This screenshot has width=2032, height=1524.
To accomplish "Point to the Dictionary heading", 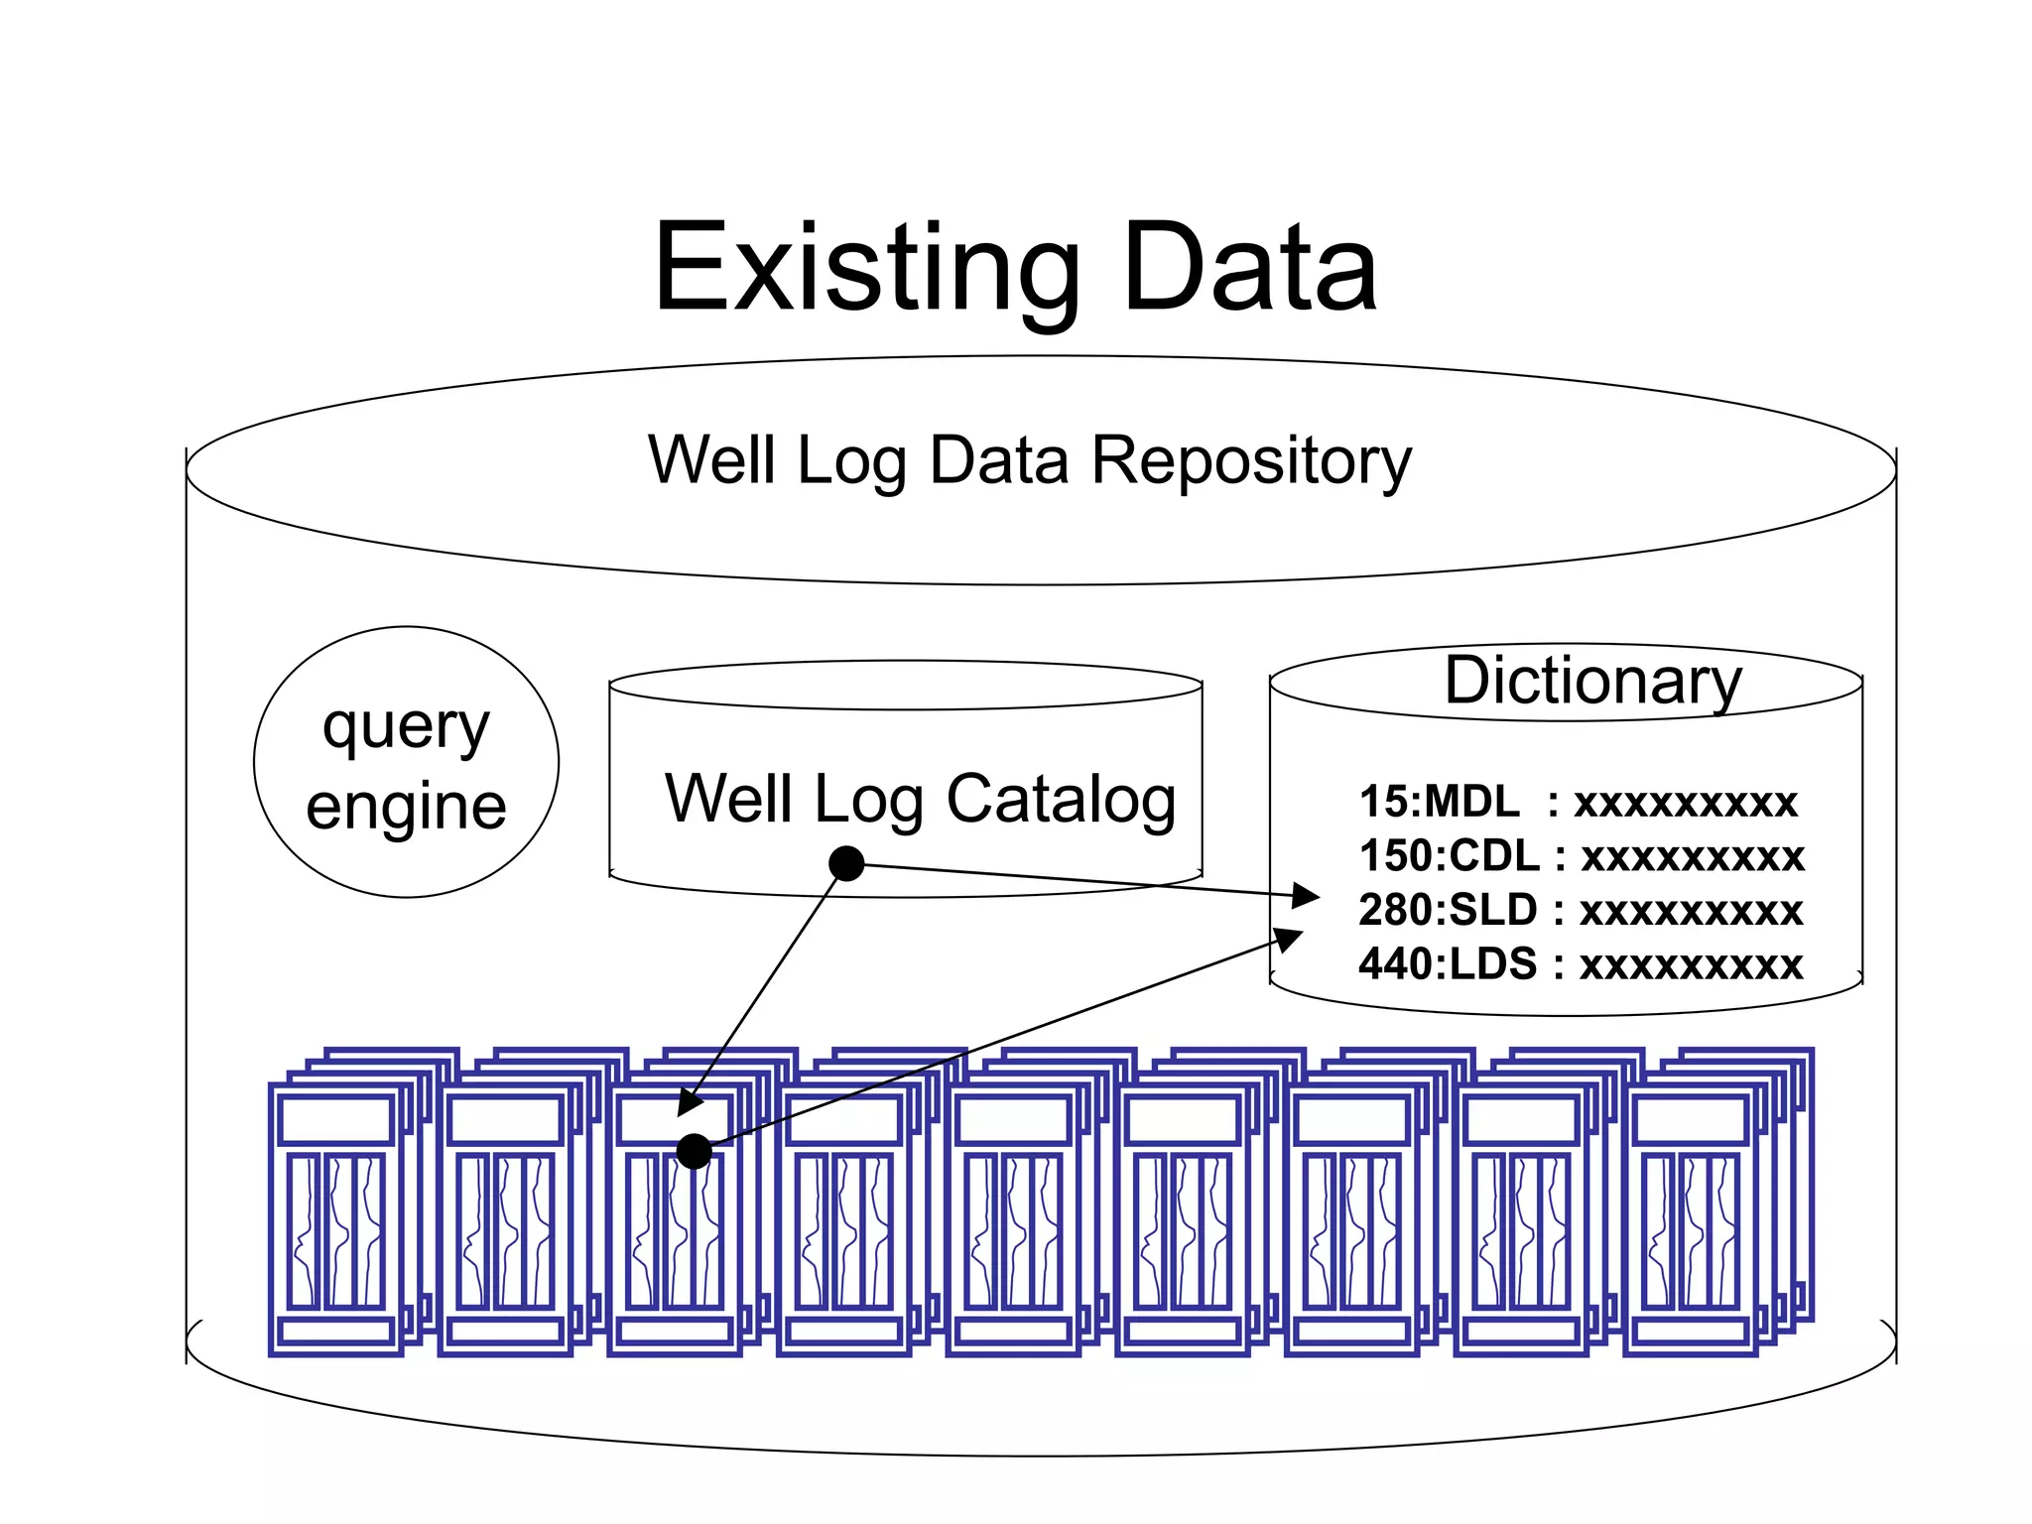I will click(x=1591, y=681).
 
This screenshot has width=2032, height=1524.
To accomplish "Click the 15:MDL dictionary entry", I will click(x=1438, y=802).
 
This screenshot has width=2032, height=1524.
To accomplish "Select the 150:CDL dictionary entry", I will click(x=1448, y=855).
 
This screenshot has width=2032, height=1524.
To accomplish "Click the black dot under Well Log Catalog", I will click(x=846, y=863).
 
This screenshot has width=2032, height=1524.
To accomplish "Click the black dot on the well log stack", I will click(x=694, y=1151).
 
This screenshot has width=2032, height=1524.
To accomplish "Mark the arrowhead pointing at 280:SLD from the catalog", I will click(x=1306, y=896).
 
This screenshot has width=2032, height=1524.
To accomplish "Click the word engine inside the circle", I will click(x=406, y=806).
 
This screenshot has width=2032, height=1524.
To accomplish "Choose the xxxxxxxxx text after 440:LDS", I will click(x=1690, y=964).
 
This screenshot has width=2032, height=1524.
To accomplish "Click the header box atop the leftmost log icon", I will click(x=335, y=1121).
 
